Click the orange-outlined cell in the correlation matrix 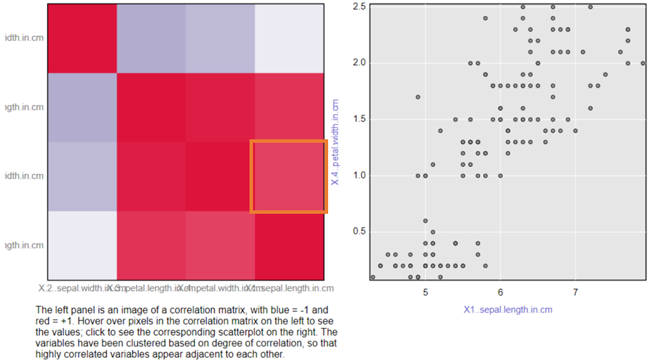(x=288, y=177)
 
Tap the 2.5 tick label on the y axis (x=358, y=6)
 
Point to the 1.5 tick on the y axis (x=358, y=119)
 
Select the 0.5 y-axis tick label (x=358, y=231)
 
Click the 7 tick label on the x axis (x=576, y=292)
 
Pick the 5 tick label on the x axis (x=425, y=292)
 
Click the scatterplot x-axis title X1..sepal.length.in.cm (x=507, y=310)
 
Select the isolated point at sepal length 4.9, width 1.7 (x=418, y=97)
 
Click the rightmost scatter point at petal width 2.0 (x=642, y=63)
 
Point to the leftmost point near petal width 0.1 (x=373, y=277)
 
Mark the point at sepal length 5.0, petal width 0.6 (x=425, y=221)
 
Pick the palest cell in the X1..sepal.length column (x=288, y=38)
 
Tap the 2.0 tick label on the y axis (x=358, y=63)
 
